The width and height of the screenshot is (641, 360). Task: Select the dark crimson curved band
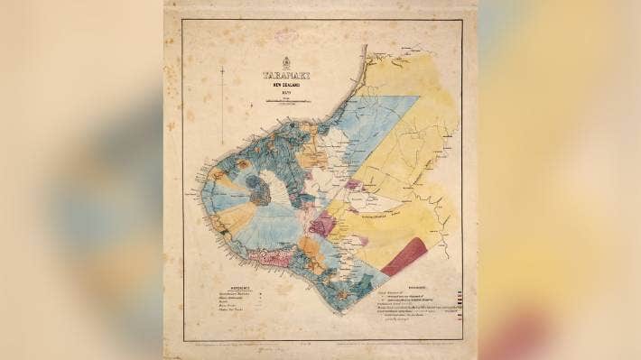tap(404, 254)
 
